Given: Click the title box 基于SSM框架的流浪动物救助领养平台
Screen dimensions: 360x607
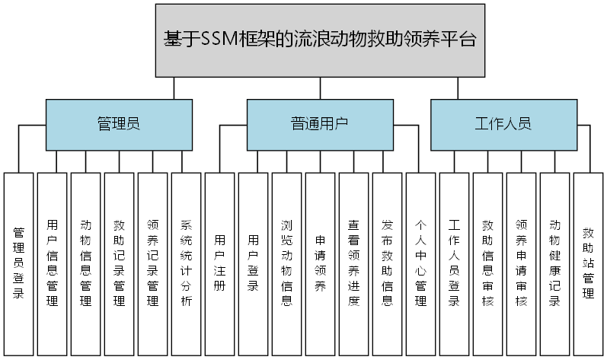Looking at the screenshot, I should coord(320,40).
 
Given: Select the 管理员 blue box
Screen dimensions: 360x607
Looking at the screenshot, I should coord(118,124).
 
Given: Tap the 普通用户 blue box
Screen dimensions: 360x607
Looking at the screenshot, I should coord(320,124).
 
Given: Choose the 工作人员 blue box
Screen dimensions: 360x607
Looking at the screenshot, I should coord(503,124).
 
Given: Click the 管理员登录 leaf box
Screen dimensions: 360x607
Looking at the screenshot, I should coord(18,263).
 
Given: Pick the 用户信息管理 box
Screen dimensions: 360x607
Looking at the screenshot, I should coord(52,263).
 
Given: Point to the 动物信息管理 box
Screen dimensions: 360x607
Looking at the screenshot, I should coord(85,263).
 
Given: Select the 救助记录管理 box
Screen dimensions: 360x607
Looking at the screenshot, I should coord(119,263).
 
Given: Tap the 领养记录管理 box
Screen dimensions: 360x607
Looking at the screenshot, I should coord(152,263).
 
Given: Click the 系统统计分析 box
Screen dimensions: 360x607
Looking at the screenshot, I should coord(186,263).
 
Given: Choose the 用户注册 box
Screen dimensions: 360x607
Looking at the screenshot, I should coord(219,263).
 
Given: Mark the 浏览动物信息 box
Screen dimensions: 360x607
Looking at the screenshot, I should coord(286,263).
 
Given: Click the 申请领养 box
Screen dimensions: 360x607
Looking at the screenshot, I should coord(320,263).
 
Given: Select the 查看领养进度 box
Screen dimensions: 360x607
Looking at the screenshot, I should coord(353,263).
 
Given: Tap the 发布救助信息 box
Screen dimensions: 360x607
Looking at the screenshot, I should coord(387,263).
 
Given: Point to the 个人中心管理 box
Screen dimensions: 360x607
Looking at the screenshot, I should coord(420,263).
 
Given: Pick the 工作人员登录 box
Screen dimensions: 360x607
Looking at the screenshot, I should coord(454,263).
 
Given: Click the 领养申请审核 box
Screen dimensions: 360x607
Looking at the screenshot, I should coord(521,263).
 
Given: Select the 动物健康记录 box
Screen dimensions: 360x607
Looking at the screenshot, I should coord(554,263).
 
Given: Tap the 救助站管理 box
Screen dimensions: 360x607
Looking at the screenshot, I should coord(588,263).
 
